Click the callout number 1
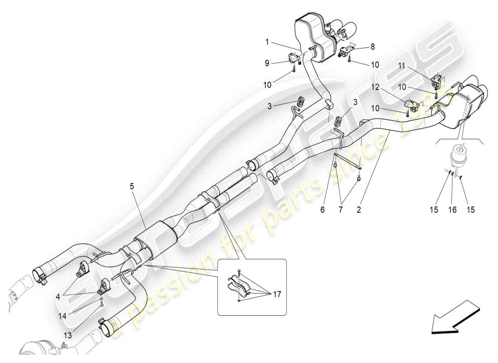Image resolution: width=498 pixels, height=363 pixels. pos(267,42)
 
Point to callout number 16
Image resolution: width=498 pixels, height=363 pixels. pos(453,210)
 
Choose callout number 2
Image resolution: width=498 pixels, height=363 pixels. pos(359,210)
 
